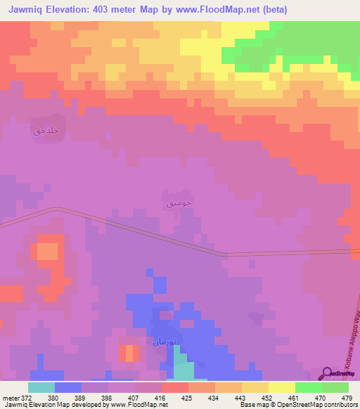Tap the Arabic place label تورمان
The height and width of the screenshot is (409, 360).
coord(162,342)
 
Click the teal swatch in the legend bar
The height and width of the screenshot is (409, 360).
coord(41,387)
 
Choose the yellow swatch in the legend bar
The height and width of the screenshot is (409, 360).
coord(282,387)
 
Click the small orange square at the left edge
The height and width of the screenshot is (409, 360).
coord(47,251)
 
